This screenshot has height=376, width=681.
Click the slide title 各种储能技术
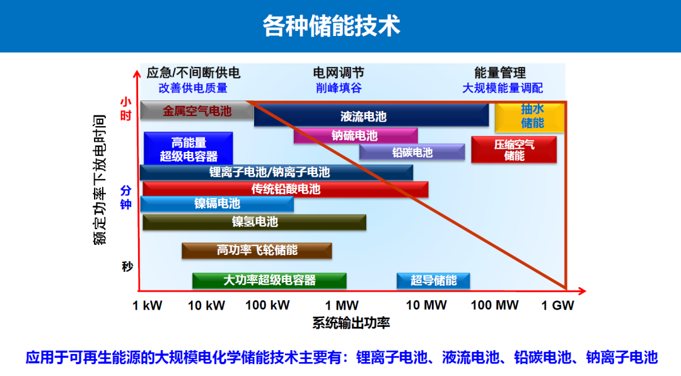coord(331,26)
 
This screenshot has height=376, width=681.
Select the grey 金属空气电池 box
coord(196,111)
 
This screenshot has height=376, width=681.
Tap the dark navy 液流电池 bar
coord(371,115)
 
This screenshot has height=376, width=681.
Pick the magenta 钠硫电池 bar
coord(355,136)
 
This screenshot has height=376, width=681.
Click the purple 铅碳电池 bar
coord(412,152)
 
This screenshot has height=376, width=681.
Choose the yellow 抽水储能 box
coord(530,117)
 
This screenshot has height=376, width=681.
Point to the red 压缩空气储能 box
coord(514,150)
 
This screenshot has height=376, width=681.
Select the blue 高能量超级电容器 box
coord(188,149)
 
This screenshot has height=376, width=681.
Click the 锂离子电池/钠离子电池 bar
coord(276,173)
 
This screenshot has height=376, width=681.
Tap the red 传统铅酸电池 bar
coord(286,189)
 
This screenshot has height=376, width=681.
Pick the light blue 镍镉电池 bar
coord(217,204)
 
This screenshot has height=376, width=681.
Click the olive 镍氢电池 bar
coord(254,222)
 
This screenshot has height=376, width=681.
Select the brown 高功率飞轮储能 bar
coord(257,251)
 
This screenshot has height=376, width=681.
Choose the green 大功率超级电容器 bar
coord(269,280)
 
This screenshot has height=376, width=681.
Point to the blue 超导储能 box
coord(433,280)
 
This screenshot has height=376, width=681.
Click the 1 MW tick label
coord(342,305)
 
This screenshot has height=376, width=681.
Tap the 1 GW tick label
coord(557,305)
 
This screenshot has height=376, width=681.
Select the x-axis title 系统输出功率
coord(351,323)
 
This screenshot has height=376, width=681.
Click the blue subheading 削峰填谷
coord(339,88)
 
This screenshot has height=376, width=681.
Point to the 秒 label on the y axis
coord(127,266)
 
